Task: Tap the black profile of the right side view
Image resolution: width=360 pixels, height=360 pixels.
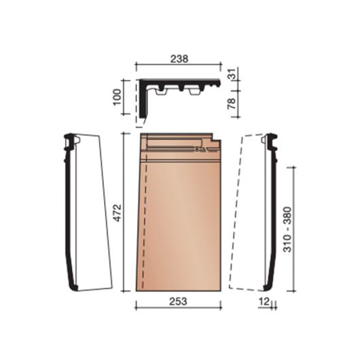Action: tap(272, 211)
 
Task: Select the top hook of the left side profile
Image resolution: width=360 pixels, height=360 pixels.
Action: tap(71, 140)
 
